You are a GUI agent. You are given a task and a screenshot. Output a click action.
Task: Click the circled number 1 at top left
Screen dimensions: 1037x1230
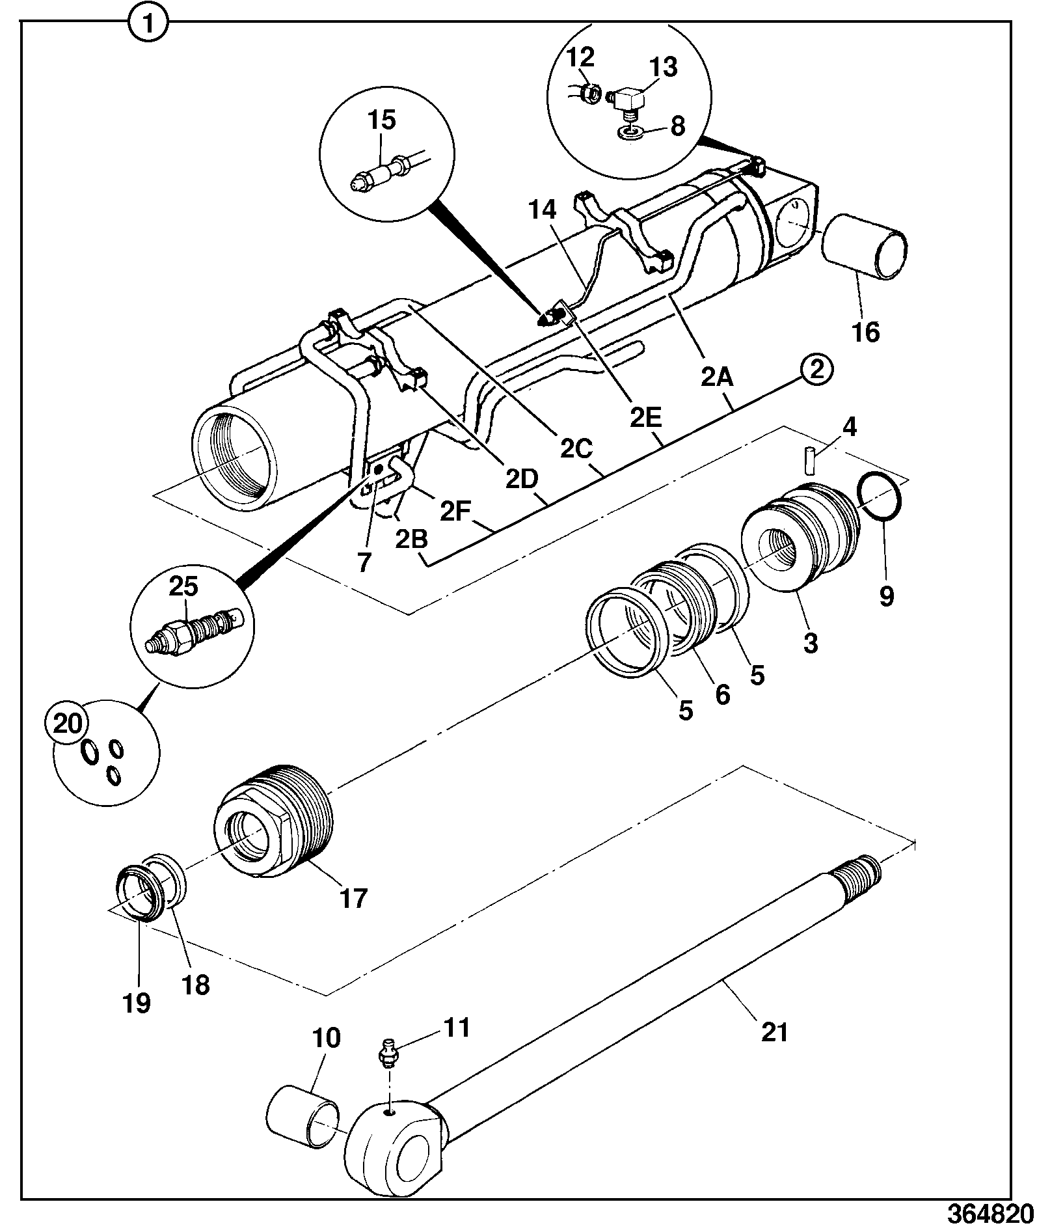tap(149, 25)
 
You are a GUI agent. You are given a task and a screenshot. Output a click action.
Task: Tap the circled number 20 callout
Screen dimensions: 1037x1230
tap(68, 723)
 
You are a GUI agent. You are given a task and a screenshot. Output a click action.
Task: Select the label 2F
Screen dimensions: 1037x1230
tap(455, 511)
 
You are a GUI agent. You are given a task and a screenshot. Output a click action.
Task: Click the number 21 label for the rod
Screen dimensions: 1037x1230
tap(774, 1032)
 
